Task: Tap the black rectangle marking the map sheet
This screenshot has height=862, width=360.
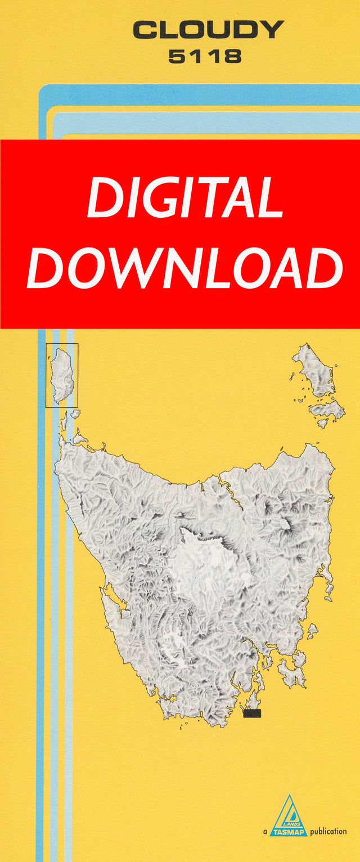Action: (252, 713)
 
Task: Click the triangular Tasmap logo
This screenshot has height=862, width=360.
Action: (288, 816)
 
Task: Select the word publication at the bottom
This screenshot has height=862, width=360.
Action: (328, 831)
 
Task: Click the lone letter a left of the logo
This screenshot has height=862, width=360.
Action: (264, 832)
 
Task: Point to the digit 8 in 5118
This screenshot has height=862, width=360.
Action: (233, 56)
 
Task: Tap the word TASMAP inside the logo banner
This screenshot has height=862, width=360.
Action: (288, 831)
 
